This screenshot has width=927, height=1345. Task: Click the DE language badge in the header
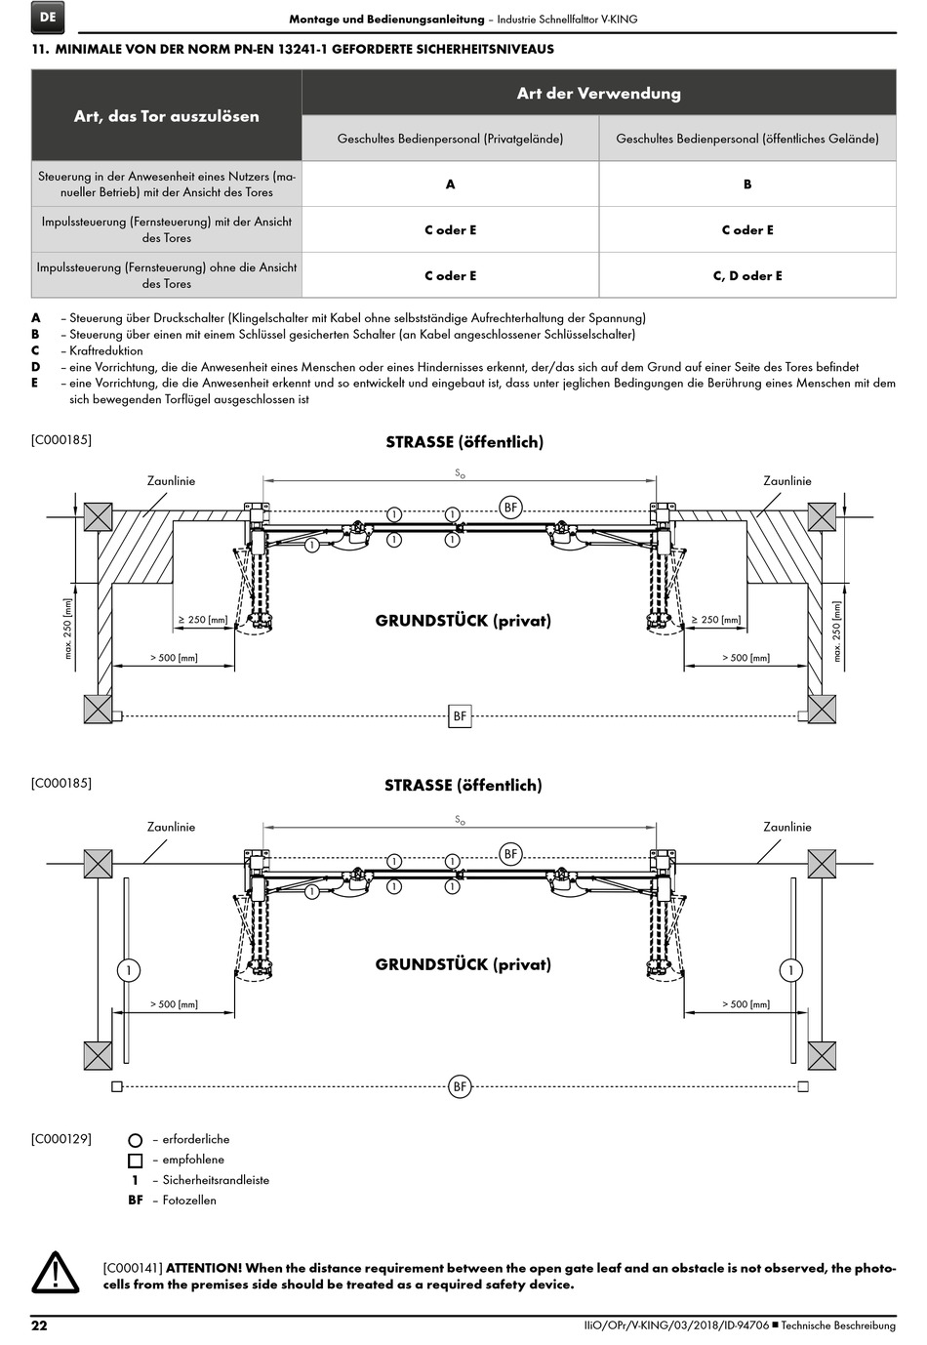(49, 18)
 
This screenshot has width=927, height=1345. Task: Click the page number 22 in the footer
(39, 1325)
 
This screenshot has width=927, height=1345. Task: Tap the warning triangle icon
(56, 1273)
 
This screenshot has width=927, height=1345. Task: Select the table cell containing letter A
(450, 183)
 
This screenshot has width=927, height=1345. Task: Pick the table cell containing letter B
(747, 183)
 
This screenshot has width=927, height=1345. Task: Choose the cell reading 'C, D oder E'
(747, 275)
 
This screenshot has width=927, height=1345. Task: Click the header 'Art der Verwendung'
(598, 94)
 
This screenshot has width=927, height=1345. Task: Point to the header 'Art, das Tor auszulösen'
(167, 116)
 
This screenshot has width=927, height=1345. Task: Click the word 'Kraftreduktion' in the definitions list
(106, 350)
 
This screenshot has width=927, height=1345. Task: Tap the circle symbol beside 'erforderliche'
(136, 1140)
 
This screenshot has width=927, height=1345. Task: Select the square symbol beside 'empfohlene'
(136, 1161)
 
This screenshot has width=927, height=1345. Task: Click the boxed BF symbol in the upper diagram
(460, 716)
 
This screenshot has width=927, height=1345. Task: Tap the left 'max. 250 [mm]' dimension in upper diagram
(68, 629)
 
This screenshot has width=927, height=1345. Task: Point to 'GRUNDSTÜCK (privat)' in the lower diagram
(463, 964)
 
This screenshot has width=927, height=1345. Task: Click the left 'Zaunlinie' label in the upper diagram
(171, 481)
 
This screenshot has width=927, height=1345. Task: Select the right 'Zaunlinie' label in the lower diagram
(786, 827)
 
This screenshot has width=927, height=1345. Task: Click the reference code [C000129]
(61, 1138)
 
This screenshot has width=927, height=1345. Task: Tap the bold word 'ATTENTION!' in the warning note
(204, 1268)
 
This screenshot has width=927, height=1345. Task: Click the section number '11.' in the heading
(40, 49)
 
